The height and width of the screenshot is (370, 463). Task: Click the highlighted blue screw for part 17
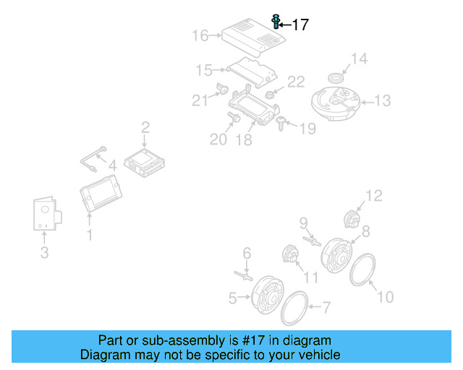(x=276, y=21)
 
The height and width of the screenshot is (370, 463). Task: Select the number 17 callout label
(x=300, y=25)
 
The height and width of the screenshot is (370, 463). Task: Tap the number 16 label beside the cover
(x=200, y=35)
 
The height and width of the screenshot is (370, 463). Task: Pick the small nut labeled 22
(x=270, y=94)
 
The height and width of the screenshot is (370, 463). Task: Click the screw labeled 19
(x=281, y=125)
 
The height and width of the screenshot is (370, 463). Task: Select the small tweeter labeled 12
(x=352, y=217)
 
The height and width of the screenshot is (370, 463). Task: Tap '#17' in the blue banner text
(x=251, y=340)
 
